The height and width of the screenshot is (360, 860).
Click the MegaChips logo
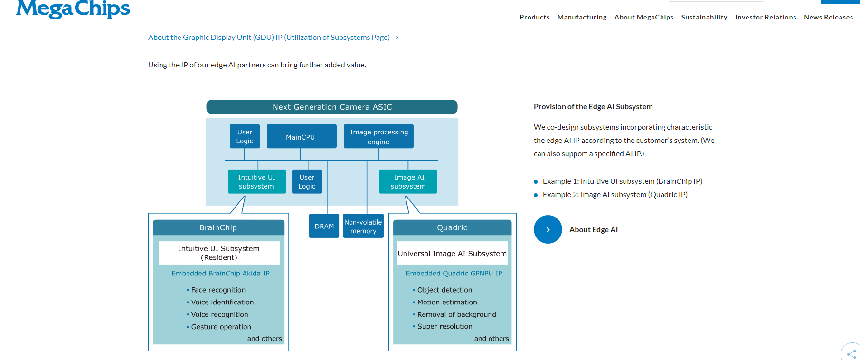point(73,9)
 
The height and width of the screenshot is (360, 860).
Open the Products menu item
point(534,17)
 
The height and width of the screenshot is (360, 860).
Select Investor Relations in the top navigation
point(765,17)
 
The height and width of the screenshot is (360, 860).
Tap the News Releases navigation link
point(828,17)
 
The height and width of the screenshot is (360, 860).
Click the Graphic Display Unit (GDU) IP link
point(269,38)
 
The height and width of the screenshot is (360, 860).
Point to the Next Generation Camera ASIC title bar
point(332,107)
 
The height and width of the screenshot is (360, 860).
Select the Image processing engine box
point(378,137)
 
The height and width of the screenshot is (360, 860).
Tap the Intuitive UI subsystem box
point(256,181)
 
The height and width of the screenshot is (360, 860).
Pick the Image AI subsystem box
point(408,181)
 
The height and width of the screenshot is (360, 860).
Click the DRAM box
point(324,226)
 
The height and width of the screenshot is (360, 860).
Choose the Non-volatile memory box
point(363,226)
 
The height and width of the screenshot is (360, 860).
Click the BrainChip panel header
point(218,227)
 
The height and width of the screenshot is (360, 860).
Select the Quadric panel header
point(452,227)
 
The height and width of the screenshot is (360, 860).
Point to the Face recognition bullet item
point(218,290)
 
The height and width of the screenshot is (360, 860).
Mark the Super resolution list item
point(444,326)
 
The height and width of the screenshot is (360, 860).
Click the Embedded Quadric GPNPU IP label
point(454,273)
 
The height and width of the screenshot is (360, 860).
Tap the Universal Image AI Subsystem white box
point(452,253)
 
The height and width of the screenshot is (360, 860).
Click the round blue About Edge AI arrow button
point(548,229)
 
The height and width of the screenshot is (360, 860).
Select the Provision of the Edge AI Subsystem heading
point(593,107)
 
